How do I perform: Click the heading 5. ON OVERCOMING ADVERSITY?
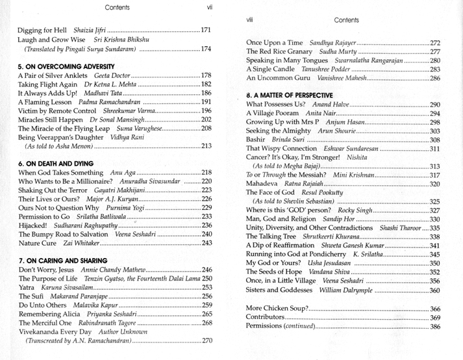[66, 67]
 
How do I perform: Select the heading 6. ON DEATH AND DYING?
[56, 163]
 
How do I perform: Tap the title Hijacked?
[36, 225]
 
